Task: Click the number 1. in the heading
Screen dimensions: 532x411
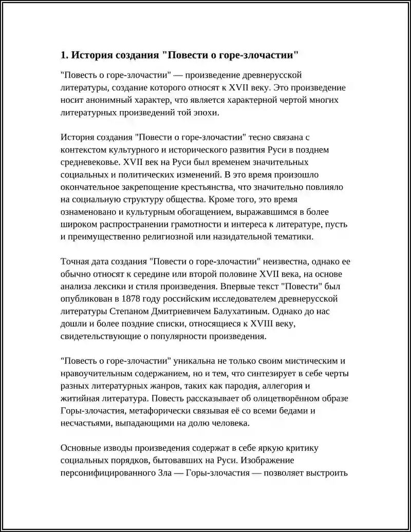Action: pyautogui.click(x=64, y=55)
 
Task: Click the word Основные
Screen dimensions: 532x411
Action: pyautogui.click(x=80, y=448)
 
